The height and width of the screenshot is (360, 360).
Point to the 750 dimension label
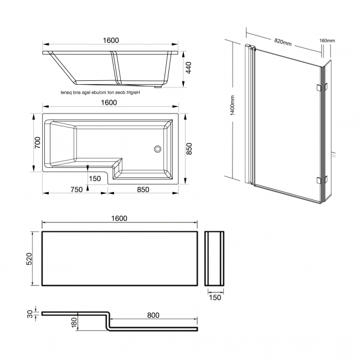(76, 189)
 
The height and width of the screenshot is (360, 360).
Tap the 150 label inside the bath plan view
(95, 178)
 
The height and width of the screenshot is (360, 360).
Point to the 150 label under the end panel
(215, 297)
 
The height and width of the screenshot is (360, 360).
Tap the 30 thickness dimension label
(30, 313)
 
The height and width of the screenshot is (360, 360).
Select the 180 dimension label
(74, 322)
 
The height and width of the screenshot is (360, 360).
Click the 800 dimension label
(153, 315)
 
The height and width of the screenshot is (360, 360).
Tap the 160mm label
(328, 40)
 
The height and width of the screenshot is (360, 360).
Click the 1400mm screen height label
(233, 105)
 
